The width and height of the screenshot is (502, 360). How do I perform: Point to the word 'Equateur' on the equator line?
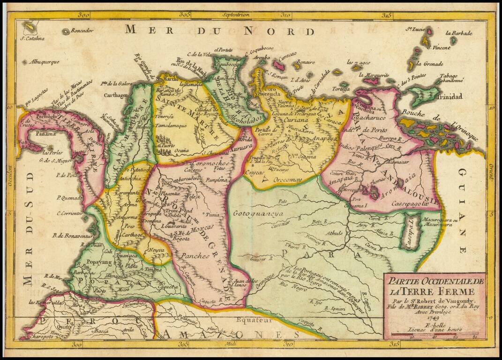[255, 320]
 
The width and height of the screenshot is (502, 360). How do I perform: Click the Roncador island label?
[82, 31]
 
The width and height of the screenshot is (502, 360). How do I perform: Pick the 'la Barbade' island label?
[459, 33]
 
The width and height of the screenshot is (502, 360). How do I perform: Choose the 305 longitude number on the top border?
[185, 15]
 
